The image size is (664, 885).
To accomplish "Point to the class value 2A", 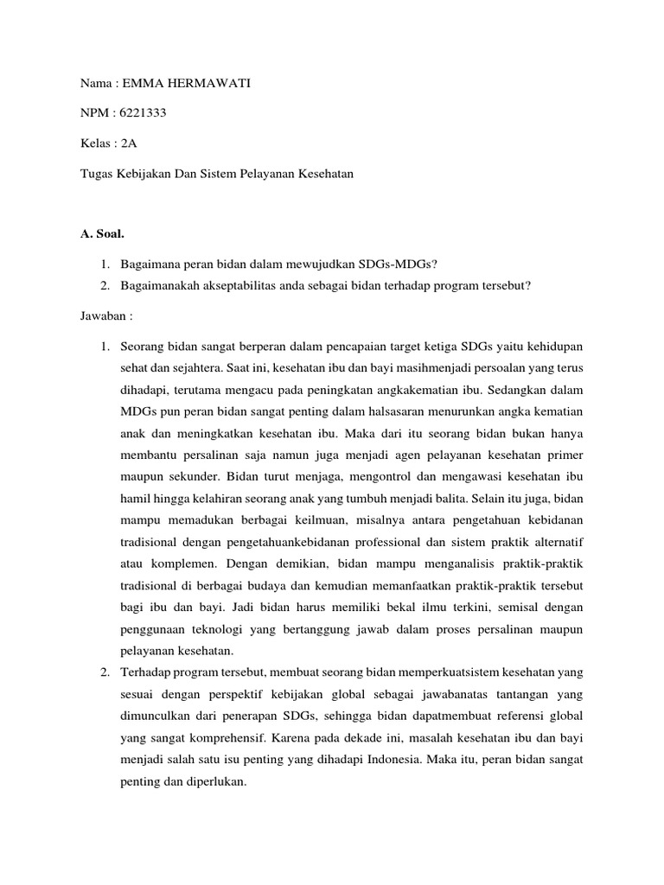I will coord(118,143).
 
